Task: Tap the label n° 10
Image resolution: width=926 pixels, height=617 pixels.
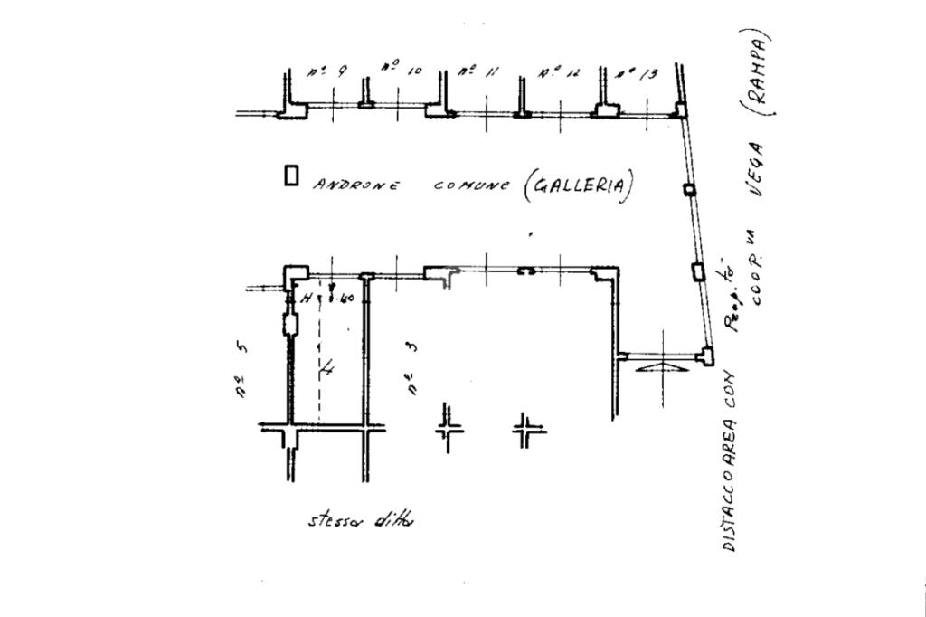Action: [x=401, y=69]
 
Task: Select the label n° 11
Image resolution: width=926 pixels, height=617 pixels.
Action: [x=477, y=72]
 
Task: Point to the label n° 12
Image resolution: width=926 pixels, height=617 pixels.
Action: [x=558, y=73]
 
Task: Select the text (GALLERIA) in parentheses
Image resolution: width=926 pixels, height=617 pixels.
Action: [x=577, y=186]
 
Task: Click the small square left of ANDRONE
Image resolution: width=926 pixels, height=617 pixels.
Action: [x=291, y=176]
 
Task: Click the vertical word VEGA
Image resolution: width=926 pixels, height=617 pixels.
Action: [x=753, y=171]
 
